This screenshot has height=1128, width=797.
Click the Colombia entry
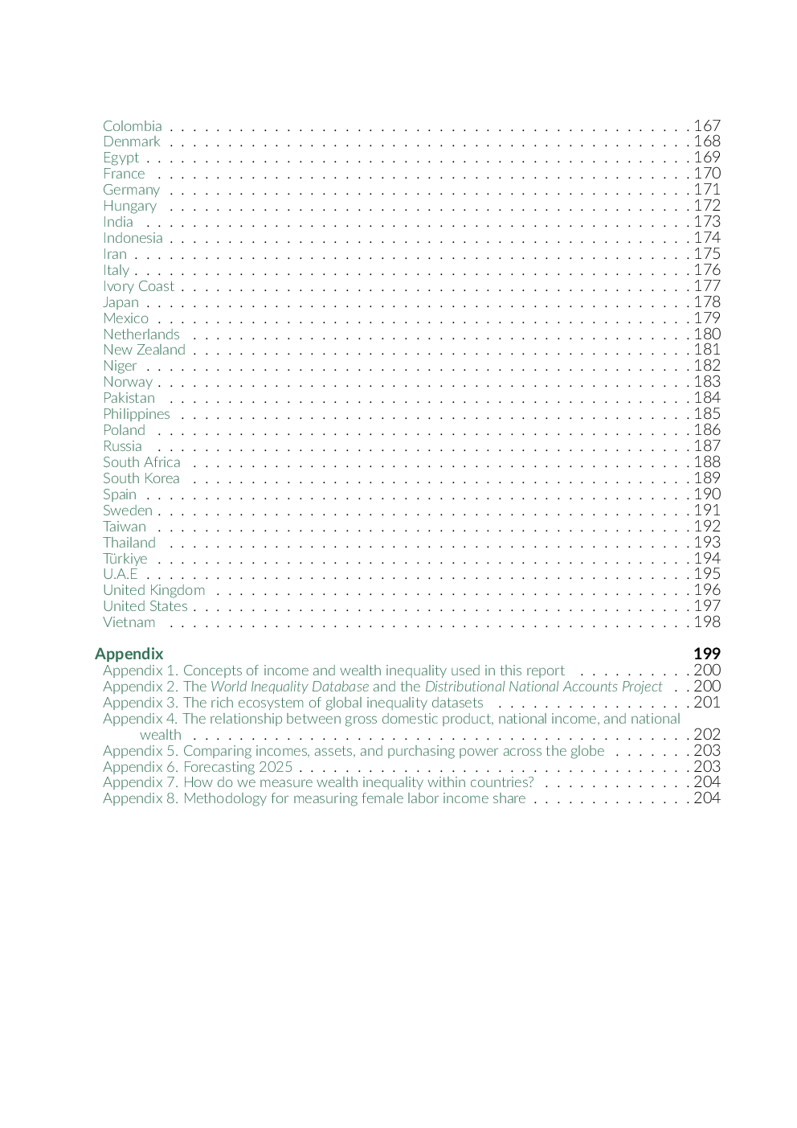[x=133, y=126]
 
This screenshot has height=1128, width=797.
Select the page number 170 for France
[x=707, y=174]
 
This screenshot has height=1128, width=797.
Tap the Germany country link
[x=131, y=190]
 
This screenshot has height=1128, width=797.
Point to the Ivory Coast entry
[x=138, y=286]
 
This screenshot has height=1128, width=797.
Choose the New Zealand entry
[x=144, y=350]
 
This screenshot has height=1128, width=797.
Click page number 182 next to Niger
[x=707, y=366]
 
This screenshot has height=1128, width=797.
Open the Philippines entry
[x=137, y=414]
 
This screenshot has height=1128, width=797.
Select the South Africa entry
[x=141, y=462]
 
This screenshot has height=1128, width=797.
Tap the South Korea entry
[x=141, y=478]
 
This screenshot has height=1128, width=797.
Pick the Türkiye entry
[x=125, y=559]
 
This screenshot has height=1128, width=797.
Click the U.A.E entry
[x=121, y=574]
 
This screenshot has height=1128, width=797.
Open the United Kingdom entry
[x=153, y=590]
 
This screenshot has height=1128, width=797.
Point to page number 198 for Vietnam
[x=707, y=622]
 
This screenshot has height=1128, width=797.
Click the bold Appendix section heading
[x=129, y=654]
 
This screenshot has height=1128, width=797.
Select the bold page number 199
[x=707, y=654]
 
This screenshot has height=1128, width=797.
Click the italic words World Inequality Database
[x=290, y=687]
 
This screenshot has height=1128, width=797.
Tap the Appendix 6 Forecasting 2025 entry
[x=198, y=767]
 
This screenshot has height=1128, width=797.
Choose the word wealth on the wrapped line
[x=161, y=735]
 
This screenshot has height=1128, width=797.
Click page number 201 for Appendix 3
[x=707, y=703]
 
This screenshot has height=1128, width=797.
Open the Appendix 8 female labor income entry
[x=314, y=798]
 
